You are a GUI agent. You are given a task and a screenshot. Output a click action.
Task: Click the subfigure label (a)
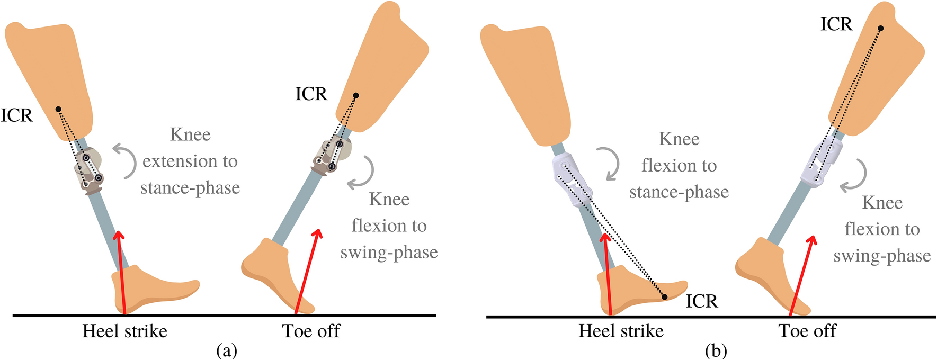tap(227, 350)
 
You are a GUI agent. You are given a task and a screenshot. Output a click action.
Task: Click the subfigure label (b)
tap(716, 350)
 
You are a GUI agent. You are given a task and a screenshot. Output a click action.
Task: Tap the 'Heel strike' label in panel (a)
tap(124, 331)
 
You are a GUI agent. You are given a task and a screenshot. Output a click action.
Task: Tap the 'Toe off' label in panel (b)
tap(807, 331)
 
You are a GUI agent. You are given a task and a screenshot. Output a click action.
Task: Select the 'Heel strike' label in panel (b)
tap(621, 331)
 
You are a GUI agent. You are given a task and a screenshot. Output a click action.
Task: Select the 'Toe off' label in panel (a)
tap(311, 331)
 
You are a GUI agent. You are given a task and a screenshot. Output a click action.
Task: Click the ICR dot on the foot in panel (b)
tap(665, 297)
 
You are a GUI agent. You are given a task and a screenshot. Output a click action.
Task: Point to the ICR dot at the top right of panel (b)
tap(880, 29)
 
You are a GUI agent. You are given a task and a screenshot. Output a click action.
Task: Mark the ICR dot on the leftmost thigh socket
tap(59, 109)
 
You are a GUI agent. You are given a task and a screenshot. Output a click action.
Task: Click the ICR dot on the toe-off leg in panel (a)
tap(356, 96)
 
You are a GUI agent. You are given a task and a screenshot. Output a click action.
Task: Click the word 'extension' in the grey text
tap(190, 161)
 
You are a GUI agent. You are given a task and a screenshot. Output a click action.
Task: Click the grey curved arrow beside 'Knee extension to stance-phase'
tap(124, 160)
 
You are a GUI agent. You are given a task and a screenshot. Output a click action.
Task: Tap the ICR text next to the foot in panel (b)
tap(701, 301)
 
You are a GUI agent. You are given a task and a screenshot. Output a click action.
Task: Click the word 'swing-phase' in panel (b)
tap(881, 256)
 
